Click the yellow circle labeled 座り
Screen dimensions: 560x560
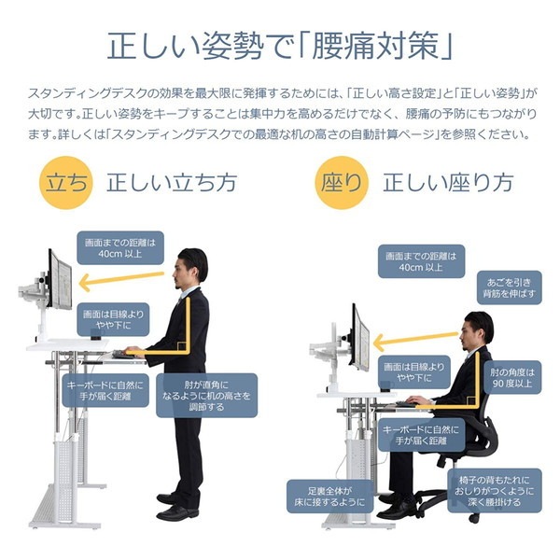(343, 183)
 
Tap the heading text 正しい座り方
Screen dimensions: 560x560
(448, 182)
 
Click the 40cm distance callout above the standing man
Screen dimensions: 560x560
(118, 247)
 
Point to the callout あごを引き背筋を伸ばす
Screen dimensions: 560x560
(505, 288)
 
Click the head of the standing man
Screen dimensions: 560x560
(192, 265)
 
